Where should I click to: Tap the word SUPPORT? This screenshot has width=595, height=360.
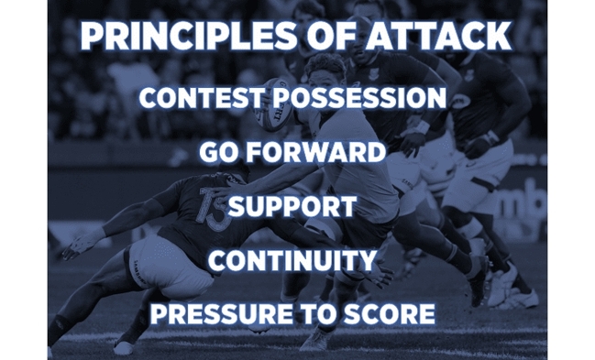click(x=291, y=206)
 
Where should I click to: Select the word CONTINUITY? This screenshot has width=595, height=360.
click(x=292, y=261)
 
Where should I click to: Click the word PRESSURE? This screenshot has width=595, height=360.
click(x=218, y=315)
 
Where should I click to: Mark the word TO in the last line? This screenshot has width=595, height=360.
click(x=311, y=315)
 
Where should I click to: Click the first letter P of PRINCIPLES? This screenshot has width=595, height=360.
click(x=93, y=36)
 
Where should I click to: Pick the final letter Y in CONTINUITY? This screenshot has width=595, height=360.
click(x=366, y=261)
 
